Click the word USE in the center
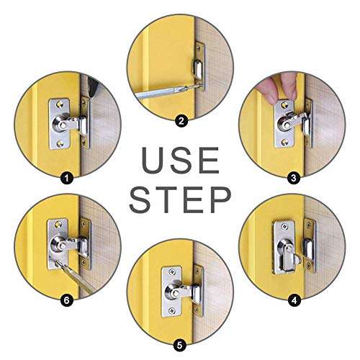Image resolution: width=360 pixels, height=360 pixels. [179, 159]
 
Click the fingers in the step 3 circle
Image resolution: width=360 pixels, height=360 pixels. [274, 87]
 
